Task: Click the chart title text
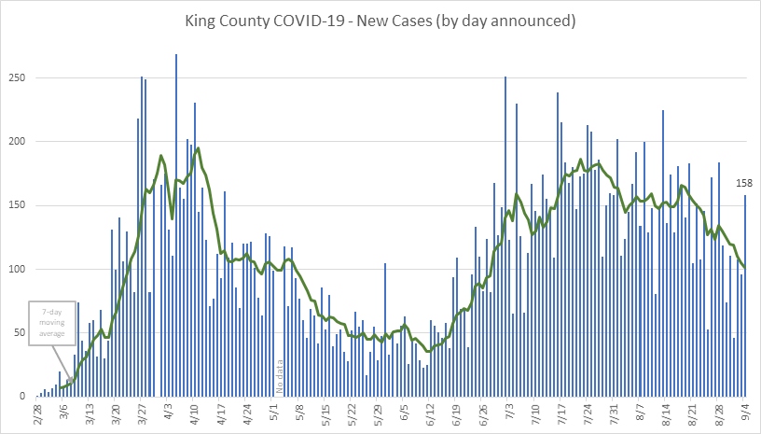pos(380,19)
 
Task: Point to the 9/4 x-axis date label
pos(747,413)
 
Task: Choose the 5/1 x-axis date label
pos(274,413)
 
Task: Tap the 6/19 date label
pos(457,413)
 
